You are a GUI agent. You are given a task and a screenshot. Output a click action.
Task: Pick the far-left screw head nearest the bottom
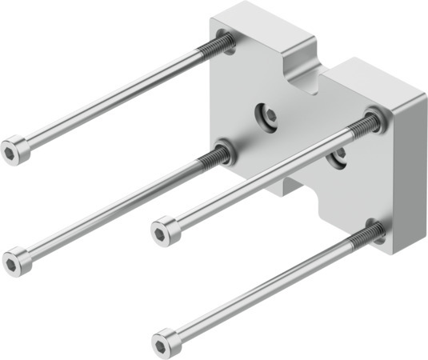(x=17, y=262)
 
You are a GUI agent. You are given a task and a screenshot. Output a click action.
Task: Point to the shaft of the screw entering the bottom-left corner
(x=112, y=208)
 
